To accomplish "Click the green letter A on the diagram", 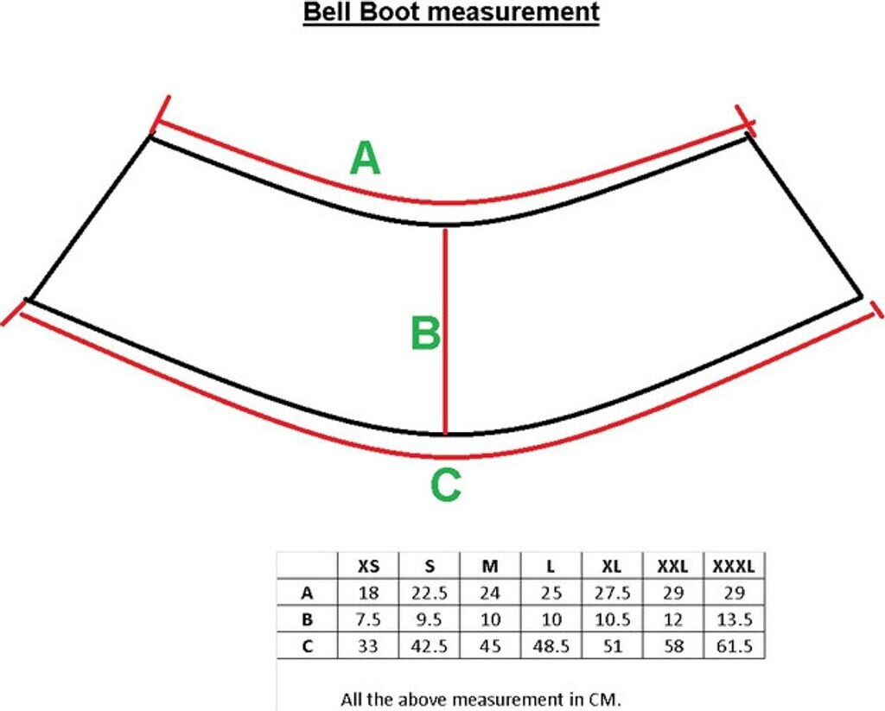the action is [x=365, y=159].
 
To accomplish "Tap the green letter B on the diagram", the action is [x=425, y=333].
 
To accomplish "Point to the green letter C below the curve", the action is [x=445, y=486].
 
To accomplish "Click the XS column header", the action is [x=368, y=567].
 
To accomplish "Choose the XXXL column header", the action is [x=734, y=567].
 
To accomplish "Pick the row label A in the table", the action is [x=306, y=594].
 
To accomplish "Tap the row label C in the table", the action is [x=306, y=645].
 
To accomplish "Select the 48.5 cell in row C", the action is [x=551, y=645].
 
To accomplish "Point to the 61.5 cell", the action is [x=734, y=645].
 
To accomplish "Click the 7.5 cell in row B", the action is [x=368, y=619].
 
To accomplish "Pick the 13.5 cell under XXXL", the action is [x=734, y=619].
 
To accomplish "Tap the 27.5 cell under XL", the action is [x=612, y=594].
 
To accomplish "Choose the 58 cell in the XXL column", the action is [x=672, y=645].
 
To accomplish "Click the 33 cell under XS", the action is [x=368, y=645].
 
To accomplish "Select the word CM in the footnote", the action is [x=606, y=700].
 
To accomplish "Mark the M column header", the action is [x=490, y=567].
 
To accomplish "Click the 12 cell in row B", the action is [x=672, y=619].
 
